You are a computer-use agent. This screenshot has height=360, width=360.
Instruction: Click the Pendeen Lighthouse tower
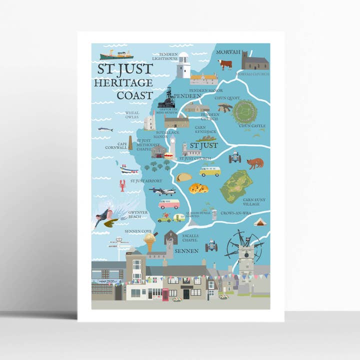[x=183, y=65]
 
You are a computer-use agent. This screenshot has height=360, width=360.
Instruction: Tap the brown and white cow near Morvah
[x=224, y=64]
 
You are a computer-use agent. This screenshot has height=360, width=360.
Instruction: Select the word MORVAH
[x=228, y=52]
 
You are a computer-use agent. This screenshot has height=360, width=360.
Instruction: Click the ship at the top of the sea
[x=116, y=54]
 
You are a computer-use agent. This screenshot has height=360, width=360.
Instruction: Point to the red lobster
[x=122, y=185]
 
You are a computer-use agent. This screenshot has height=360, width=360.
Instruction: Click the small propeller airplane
[x=163, y=191]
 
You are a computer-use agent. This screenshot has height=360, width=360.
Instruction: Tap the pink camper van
[x=168, y=204]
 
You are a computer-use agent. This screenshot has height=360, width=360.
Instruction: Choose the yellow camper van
[x=210, y=171]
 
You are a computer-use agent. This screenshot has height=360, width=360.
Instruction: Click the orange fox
[x=255, y=163]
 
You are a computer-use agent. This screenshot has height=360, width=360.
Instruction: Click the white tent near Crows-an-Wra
[x=260, y=221]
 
